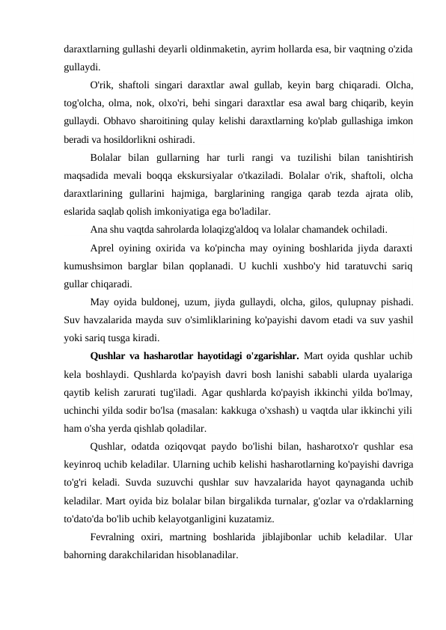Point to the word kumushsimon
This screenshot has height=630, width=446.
coord(94,265)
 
